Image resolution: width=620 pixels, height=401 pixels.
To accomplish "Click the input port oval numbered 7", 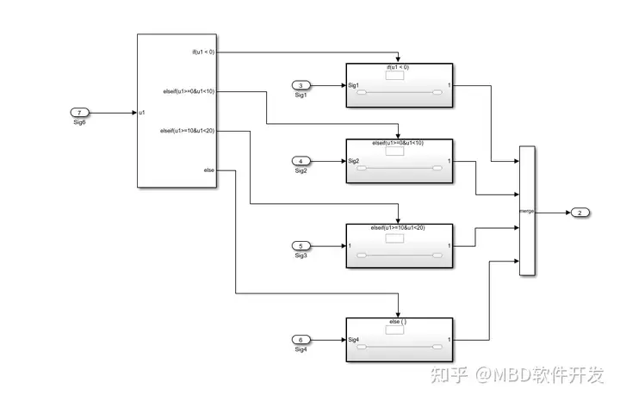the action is tap(79, 113).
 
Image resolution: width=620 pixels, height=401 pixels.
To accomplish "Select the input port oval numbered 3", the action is tap(301, 85).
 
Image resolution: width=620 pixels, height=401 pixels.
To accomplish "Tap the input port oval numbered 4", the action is tap(301, 161).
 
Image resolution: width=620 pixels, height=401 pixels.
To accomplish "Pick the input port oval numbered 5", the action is tap(301, 245).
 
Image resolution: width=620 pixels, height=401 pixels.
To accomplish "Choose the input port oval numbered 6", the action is tap(301, 339).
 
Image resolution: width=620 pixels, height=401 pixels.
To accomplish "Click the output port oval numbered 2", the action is tap(580, 213).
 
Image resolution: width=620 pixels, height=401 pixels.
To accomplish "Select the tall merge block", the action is tap(527, 211).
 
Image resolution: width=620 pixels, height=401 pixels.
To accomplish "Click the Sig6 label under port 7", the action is tap(79, 122).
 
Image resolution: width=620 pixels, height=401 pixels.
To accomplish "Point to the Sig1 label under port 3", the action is tap(301, 95).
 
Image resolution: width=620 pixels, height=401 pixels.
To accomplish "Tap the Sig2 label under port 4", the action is tap(301, 170).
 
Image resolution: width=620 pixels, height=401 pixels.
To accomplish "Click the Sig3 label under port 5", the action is tap(301, 255).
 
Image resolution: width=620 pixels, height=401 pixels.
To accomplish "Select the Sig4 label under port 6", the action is tap(301, 349).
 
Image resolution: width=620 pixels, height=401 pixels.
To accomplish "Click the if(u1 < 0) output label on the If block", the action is tap(203, 52).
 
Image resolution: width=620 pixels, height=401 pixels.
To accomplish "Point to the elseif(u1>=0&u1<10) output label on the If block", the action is tap(189, 90).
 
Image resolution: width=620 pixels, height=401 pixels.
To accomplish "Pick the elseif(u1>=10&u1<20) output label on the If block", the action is tap(187, 131).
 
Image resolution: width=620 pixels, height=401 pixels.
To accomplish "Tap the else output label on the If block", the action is tap(208, 170).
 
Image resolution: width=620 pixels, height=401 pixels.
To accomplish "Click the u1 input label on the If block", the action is tap(142, 113).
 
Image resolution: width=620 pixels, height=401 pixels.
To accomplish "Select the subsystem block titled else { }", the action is tap(398, 341).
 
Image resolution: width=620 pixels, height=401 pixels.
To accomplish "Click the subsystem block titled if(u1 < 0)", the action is tap(398, 86).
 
